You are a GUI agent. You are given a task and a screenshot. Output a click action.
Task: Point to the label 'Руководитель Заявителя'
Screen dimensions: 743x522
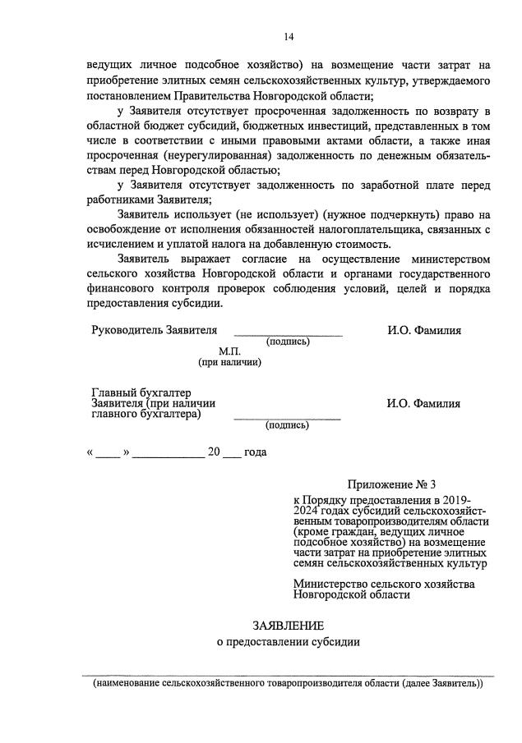154,330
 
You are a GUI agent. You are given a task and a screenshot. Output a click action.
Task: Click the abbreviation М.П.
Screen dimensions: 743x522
229,351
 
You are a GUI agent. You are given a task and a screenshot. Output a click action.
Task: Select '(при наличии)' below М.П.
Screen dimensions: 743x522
229,362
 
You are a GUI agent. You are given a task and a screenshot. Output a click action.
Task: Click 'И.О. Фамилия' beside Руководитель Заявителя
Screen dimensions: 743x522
424,330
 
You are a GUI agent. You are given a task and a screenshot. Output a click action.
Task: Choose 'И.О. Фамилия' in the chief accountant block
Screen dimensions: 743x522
424,403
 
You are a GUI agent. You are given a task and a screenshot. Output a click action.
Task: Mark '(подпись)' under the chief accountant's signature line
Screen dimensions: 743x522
287,425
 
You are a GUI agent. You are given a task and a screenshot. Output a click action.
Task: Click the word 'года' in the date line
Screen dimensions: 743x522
256,452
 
